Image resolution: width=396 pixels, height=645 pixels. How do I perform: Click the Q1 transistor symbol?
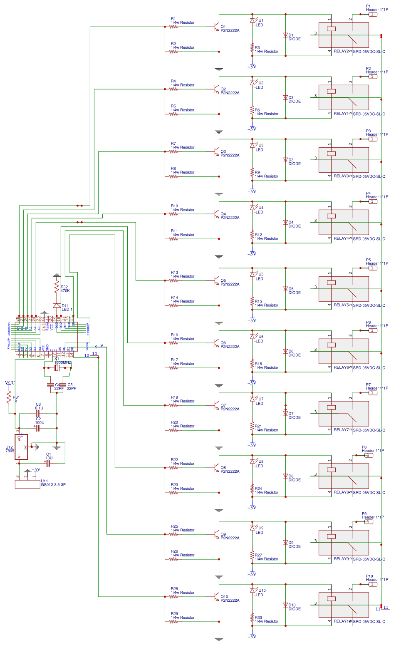[x=216, y=27]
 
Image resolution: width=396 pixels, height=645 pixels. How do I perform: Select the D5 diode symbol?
[x=285, y=289]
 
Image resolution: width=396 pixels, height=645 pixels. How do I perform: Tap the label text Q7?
[x=223, y=405]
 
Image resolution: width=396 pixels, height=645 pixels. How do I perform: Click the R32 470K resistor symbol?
[x=57, y=287]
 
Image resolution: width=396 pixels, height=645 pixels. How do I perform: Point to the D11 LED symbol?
[x=57, y=305]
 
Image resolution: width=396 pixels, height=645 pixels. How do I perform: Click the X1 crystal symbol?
[x=57, y=368]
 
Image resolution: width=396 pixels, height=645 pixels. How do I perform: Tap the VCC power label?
[x=10, y=383]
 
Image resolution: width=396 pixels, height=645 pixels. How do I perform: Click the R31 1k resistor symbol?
[x=9, y=399]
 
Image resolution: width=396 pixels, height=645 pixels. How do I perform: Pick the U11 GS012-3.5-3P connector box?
[x=27, y=484]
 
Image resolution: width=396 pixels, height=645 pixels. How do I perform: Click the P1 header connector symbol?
[x=373, y=14]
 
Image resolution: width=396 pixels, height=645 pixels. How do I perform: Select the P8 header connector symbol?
[x=368, y=455]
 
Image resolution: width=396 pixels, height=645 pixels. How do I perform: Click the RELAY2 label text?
[x=342, y=52]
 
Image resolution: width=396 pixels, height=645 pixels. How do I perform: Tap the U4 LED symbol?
[x=252, y=207]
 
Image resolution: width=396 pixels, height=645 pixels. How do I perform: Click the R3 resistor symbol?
[x=252, y=47]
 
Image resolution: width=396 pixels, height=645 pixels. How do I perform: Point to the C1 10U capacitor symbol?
[x=48, y=463]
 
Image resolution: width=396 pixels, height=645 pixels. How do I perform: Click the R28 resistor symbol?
[x=173, y=597]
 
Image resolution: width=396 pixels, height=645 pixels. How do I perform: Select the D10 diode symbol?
[x=285, y=605]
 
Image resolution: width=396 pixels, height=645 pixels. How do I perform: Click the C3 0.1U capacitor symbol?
[x=37, y=414]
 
